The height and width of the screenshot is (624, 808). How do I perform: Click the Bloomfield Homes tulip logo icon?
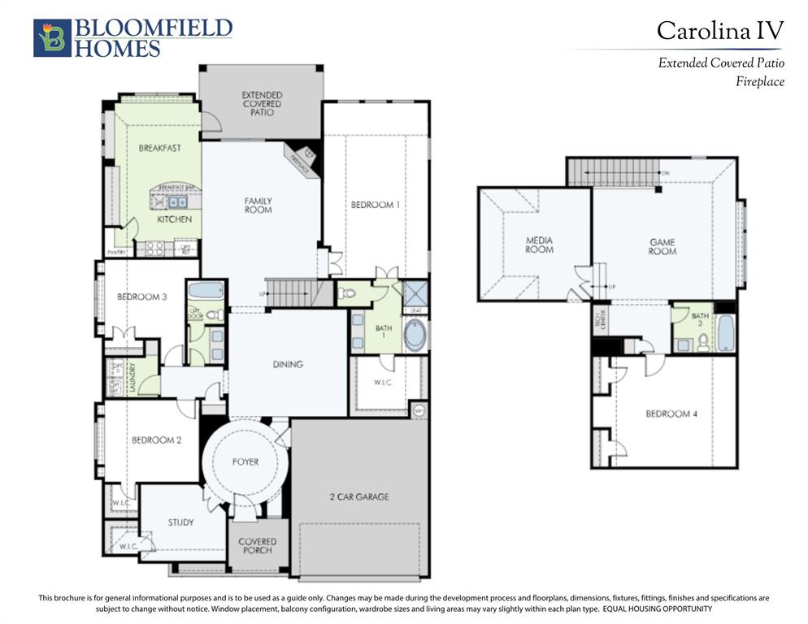[52, 38]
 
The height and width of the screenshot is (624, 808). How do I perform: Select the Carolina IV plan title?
[719, 31]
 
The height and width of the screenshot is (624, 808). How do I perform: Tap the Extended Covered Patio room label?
[262, 104]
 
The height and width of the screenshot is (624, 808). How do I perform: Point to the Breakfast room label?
[159, 148]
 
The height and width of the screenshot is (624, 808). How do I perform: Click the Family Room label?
[258, 206]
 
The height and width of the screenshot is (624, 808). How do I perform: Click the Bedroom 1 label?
[375, 205]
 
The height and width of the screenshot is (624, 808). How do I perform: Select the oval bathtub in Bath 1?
[415, 335]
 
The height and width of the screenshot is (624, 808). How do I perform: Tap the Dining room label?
[288, 364]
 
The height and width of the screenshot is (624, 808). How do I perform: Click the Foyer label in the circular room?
[245, 461]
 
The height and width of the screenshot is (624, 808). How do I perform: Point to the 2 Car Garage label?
[360, 496]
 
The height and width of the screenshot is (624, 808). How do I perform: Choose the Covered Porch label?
[257, 546]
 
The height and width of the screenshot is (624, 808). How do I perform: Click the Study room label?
[180, 522]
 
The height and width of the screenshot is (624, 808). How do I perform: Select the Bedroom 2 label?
[155, 440]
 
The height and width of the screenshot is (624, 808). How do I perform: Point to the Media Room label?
[539, 245]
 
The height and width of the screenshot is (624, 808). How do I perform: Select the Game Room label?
[662, 246]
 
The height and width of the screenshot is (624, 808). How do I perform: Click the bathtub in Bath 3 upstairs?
[725, 333]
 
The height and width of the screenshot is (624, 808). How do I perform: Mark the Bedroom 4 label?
[671, 414]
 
